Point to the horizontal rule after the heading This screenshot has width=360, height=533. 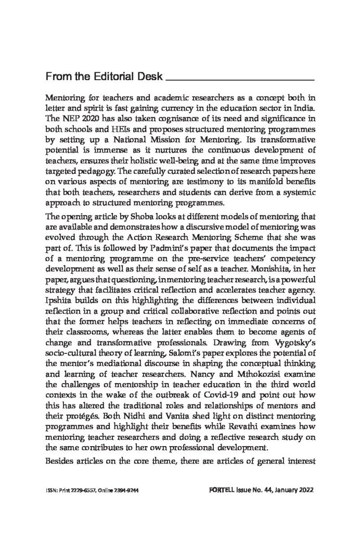click(x=240, y=81)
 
